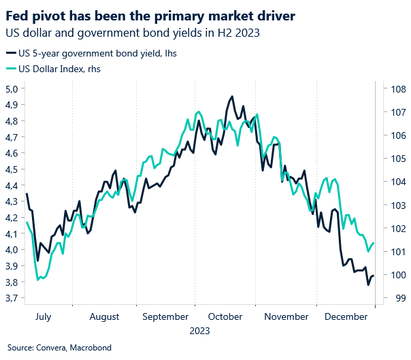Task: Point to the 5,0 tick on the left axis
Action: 12,88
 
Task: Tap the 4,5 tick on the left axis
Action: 12,169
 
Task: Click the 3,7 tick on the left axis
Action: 12,298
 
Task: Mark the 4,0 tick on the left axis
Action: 12,250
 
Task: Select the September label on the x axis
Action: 166,316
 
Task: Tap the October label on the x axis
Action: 225,316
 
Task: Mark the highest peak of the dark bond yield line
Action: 233,97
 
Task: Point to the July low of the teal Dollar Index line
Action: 39,280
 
